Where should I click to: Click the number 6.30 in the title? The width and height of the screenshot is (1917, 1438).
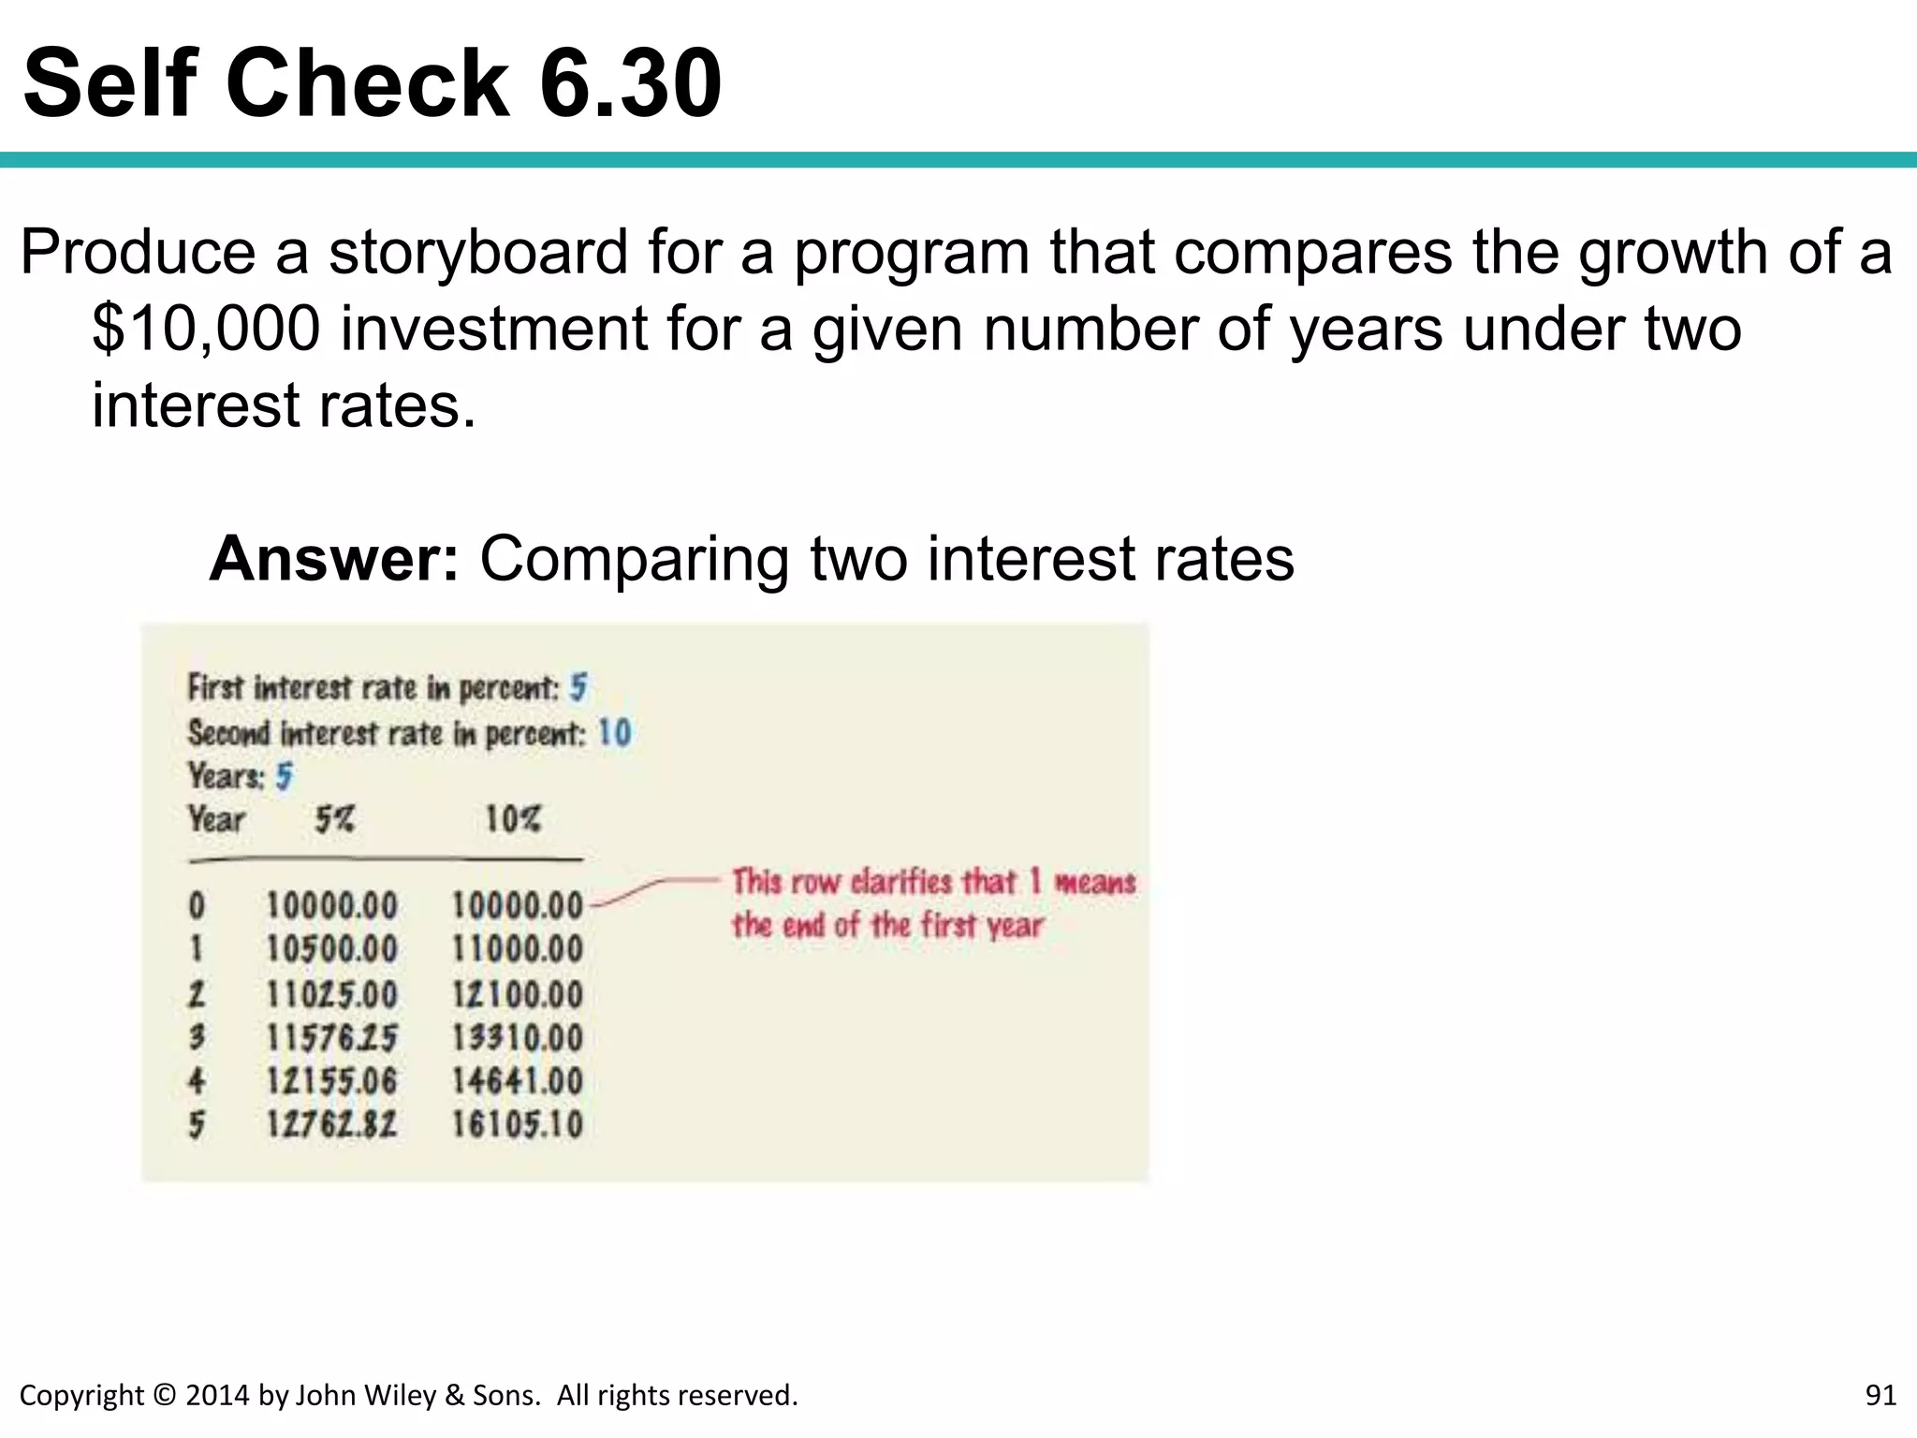click(629, 84)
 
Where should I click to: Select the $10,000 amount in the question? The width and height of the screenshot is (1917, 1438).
click(206, 330)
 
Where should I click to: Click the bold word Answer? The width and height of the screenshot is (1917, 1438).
click(334, 559)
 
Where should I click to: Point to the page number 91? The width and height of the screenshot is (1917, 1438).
click(1880, 1395)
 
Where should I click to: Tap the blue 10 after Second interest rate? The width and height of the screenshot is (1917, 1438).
click(615, 732)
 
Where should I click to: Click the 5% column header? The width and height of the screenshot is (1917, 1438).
click(334, 820)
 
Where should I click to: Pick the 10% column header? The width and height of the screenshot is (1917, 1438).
click(513, 820)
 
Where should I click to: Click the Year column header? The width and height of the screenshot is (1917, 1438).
click(216, 820)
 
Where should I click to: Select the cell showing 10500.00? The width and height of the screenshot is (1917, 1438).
click(331, 949)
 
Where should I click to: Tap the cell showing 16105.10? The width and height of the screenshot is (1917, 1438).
click(518, 1124)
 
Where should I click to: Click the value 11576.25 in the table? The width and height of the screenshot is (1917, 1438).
click(331, 1037)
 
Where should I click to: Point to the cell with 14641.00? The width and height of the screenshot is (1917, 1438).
click(518, 1081)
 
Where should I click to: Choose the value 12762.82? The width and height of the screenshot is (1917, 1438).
click(331, 1124)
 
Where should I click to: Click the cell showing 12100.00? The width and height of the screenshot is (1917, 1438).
click(518, 994)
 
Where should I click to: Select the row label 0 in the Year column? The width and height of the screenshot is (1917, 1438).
click(197, 905)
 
